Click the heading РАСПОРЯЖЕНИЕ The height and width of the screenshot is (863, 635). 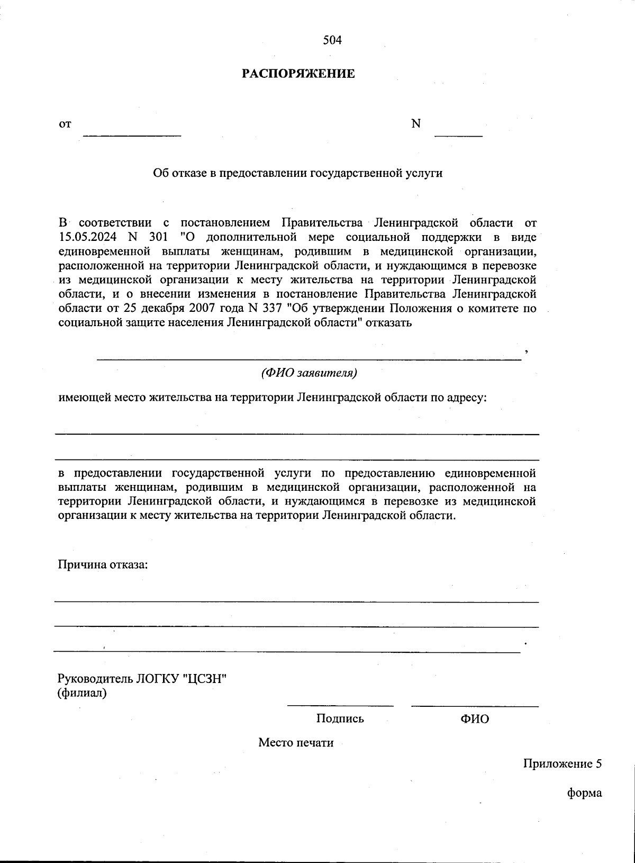click(x=298, y=74)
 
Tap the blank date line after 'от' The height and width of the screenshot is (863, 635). click(x=132, y=134)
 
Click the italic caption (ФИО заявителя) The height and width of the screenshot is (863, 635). click(x=310, y=373)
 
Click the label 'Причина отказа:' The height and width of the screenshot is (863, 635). click(x=103, y=564)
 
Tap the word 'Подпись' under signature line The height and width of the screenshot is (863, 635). click(x=340, y=719)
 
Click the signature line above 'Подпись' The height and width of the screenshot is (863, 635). click(x=340, y=705)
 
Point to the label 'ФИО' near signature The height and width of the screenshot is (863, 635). click(x=475, y=719)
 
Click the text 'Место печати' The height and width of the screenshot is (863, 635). click(x=296, y=742)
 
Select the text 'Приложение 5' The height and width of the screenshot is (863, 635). click(x=563, y=764)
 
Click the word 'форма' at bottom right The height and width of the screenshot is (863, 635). click(x=585, y=793)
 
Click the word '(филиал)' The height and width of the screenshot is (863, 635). click(x=82, y=693)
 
